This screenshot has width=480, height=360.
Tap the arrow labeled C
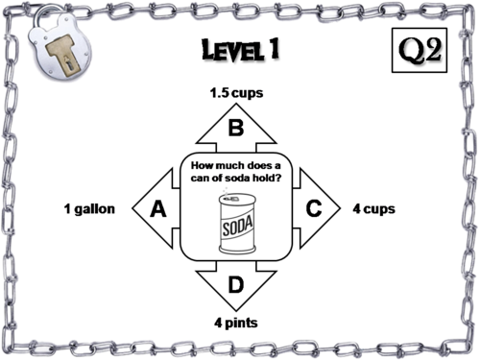tap(314, 208)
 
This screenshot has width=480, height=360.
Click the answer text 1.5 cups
tap(235, 94)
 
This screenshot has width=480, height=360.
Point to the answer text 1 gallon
tap(89, 208)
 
